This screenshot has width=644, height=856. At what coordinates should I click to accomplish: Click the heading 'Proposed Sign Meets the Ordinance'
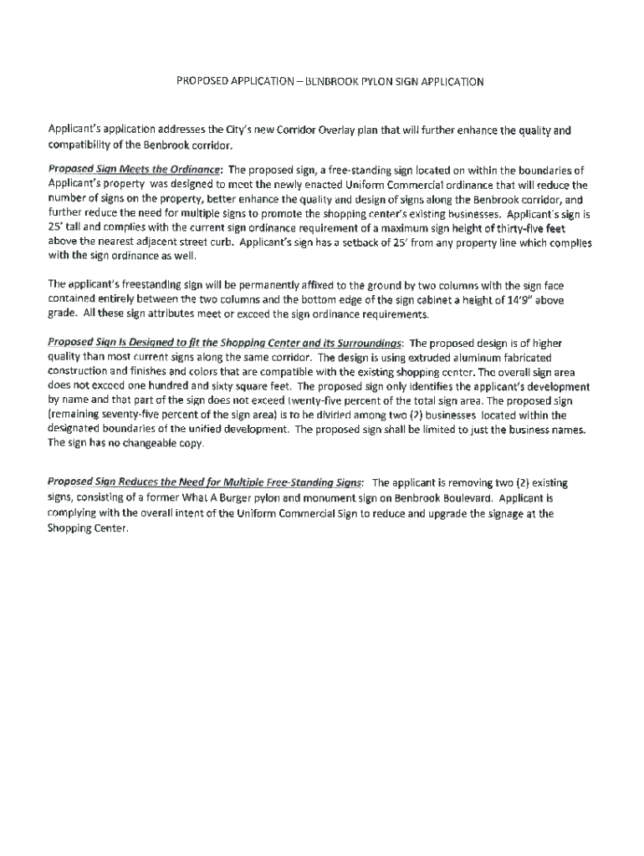tap(135, 171)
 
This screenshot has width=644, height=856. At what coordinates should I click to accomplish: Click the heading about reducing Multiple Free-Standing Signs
tap(205, 483)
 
